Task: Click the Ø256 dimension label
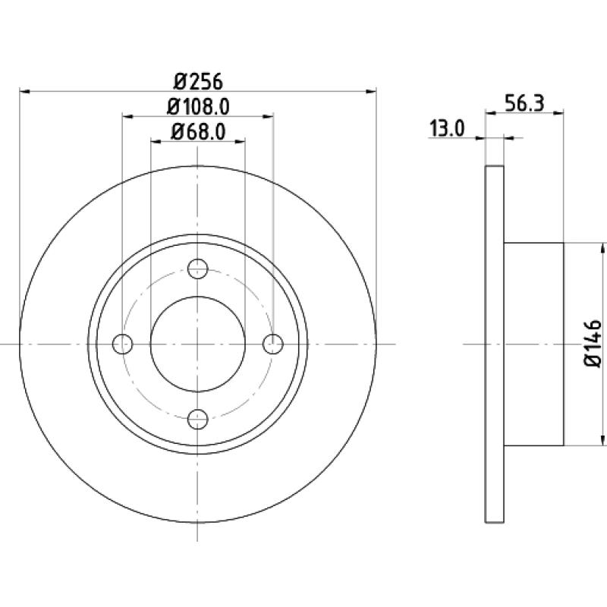click(199, 82)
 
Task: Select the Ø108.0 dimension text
click(198, 107)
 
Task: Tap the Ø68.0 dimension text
click(198, 132)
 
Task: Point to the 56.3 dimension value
click(524, 103)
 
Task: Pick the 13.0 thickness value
click(447, 128)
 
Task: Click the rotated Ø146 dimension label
click(593, 344)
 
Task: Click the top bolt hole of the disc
click(198, 269)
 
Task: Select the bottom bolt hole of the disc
click(198, 419)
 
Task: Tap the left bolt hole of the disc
click(122, 344)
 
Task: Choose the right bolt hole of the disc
click(273, 344)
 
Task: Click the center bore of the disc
click(198, 344)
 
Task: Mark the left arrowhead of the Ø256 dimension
click(24, 91)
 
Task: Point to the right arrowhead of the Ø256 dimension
click(371, 91)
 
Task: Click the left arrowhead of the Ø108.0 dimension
click(127, 116)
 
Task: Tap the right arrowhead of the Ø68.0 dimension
click(240, 141)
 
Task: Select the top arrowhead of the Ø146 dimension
click(602, 248)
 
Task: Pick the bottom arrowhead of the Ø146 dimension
click(602, 440)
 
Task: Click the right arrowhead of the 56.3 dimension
click(558, 112)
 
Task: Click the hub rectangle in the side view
click(534, 344)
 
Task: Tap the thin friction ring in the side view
click(495, 344)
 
